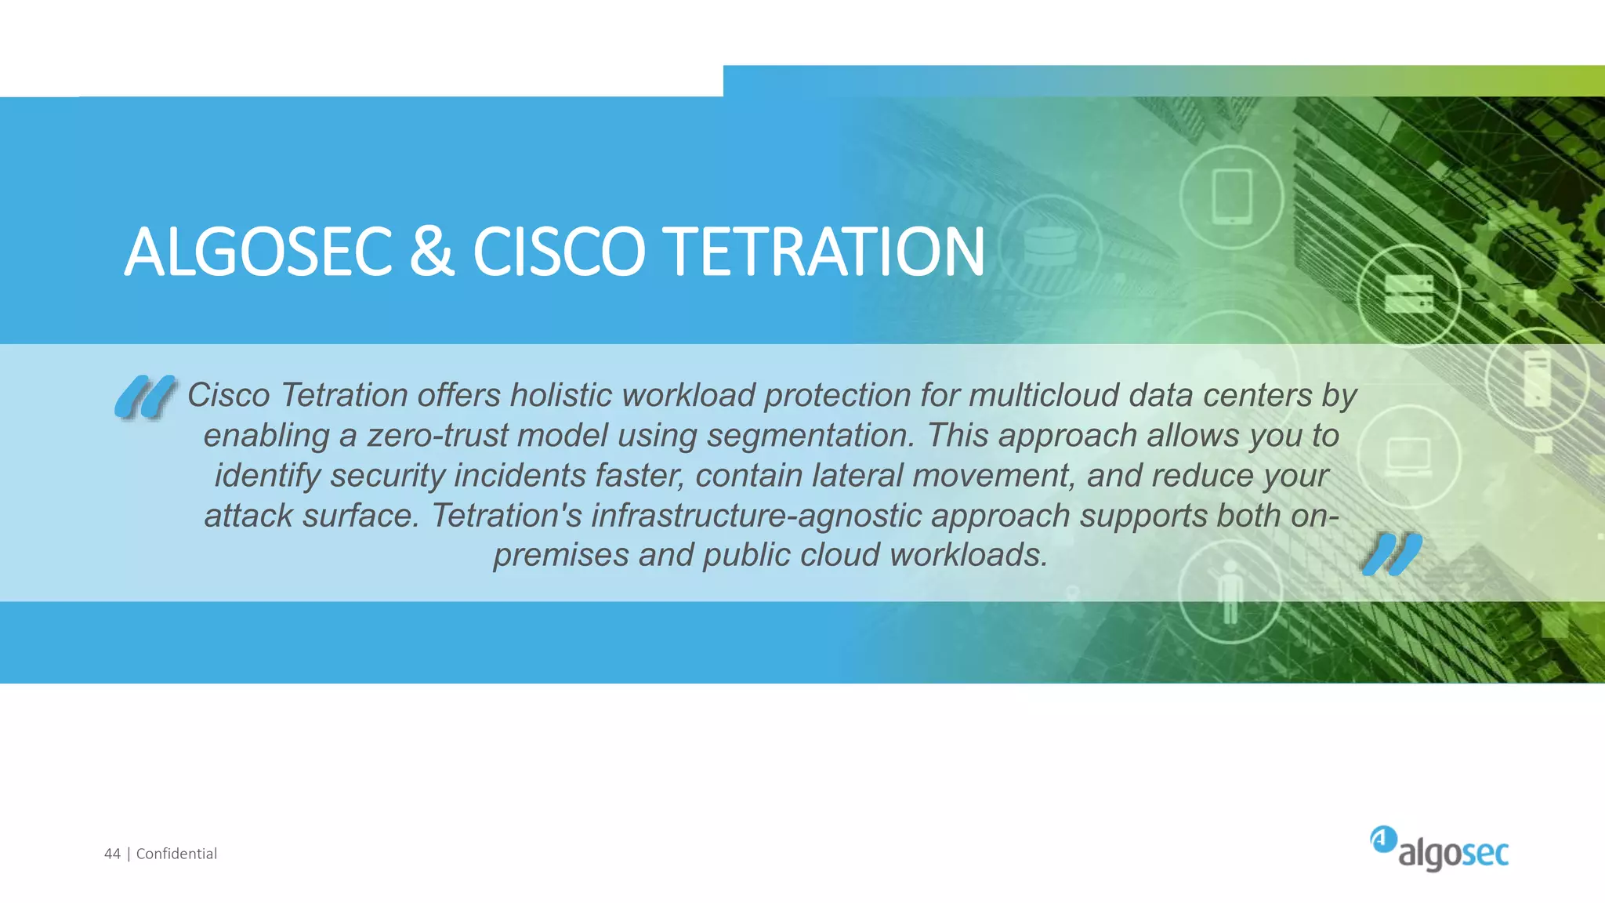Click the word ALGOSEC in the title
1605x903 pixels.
click(x=258, y=252)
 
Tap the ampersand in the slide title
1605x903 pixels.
click(x=432, y=252)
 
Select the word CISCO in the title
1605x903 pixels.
click(x=559, y=252)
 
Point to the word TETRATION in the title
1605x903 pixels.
click(x=827, y=252)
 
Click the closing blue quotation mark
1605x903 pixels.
click(x=1392, y=554)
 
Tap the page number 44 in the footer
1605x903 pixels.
click(x=112, y=854)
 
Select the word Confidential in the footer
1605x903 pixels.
click(x=176, y=854)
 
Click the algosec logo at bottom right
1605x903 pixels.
click(x=1440, y=849)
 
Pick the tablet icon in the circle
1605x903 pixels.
click(x=1232, y=197)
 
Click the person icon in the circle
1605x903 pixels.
click(x=1230, y=592)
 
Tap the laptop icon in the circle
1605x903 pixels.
click(x=1408, y=456)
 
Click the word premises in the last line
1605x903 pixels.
click(x=561, y=556)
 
